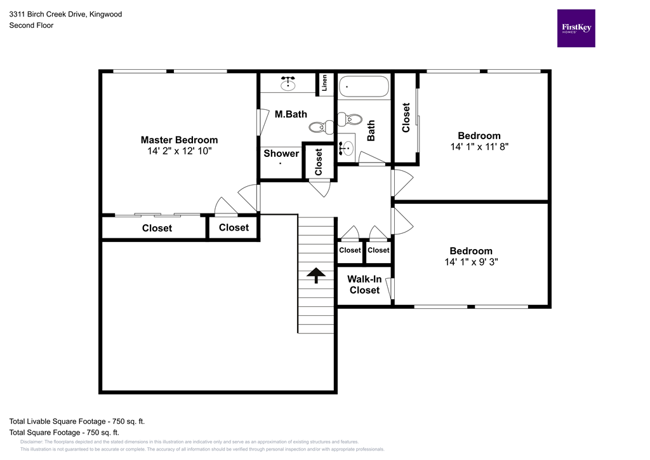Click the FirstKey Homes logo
(x=576, y=28)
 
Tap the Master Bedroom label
(x=179, y=140)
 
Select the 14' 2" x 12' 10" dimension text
(x=179, y=151)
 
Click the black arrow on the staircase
(x=315, y=274)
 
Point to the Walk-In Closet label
(x=364, y=284)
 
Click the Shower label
(x=281, y=153)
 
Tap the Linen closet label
(x=324, y=83)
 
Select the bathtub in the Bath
(x=363, y=86)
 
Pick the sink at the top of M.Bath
(x=288, y=83)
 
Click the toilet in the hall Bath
(x=350, y=119)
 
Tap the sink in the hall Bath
(x=346, y=149)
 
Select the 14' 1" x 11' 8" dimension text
(x=479, y=146)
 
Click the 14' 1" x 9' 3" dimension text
(x=470, y=262)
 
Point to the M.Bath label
(x=291, y=114)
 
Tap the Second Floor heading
(x=31, y=25)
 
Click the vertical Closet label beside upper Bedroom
(x=406, y=118)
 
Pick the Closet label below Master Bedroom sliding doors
(x=157, y=228)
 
